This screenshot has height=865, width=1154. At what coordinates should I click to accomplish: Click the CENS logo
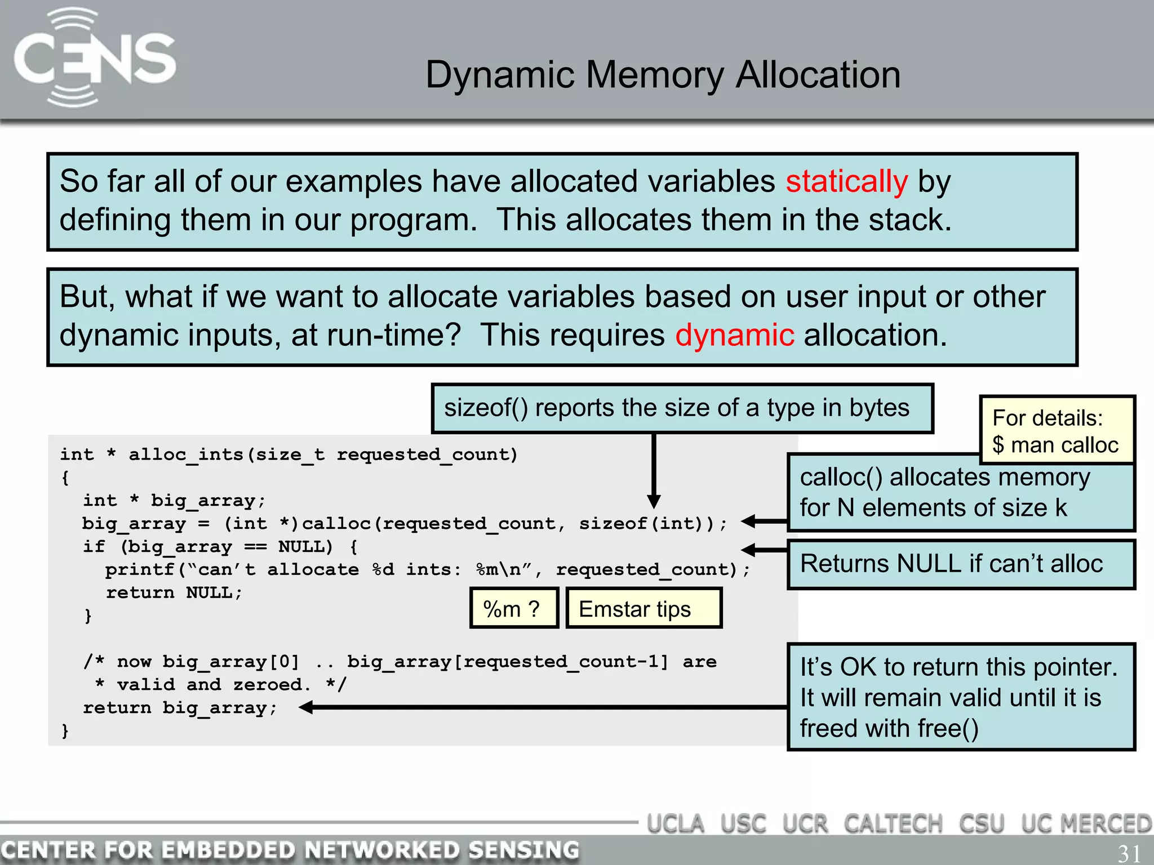(95, 57)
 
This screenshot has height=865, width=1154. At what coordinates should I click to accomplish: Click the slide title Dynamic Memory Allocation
(663, 75)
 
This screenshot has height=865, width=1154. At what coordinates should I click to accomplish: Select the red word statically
(846, 181)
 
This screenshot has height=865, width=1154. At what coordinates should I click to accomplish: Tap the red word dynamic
(734, 335)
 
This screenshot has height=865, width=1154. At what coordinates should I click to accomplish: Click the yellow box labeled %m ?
(513, 608)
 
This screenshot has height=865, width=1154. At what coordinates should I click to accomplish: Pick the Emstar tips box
(643, 608)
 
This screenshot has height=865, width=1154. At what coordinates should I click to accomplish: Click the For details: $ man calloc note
(1057, 431)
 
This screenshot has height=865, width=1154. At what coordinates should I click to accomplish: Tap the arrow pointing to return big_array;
(307, 707)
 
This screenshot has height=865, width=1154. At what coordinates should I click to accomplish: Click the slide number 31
(1129, 853)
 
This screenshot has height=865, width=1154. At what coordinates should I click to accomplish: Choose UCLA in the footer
(675, 824)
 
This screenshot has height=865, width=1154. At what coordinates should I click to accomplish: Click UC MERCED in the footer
(1086, 824)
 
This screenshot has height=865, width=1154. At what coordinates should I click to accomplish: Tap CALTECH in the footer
(893, 824)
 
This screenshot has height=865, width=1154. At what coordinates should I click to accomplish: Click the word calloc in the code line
(336, 523)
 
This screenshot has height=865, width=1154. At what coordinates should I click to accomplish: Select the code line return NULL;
(174, 592)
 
